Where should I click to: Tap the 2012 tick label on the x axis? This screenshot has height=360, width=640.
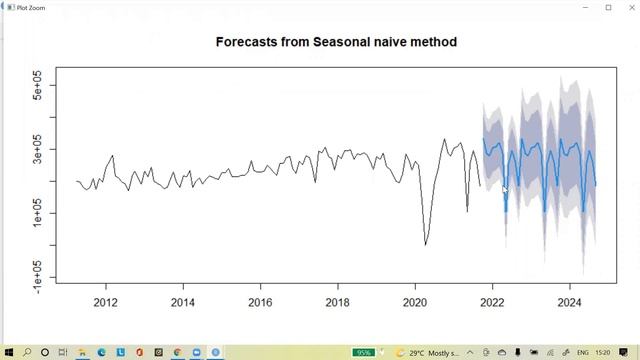click(104, 302)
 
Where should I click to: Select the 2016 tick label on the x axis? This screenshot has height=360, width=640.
click(260, 302)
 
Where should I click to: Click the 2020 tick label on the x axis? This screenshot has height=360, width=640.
click(415, 302)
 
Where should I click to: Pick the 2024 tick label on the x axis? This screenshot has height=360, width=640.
click(570, 302)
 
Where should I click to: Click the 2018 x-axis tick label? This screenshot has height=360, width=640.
click(338, 302)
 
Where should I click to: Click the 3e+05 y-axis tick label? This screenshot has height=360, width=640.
click(39, 149)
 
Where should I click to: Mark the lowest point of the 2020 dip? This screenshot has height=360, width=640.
click(426, 244)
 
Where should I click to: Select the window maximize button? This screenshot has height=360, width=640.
click(608, 7)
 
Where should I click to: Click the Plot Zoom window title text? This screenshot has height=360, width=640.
click(31, 7)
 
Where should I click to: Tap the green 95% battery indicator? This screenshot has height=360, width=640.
click(364, 352)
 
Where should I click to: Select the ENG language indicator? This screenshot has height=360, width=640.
click(583, 352)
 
